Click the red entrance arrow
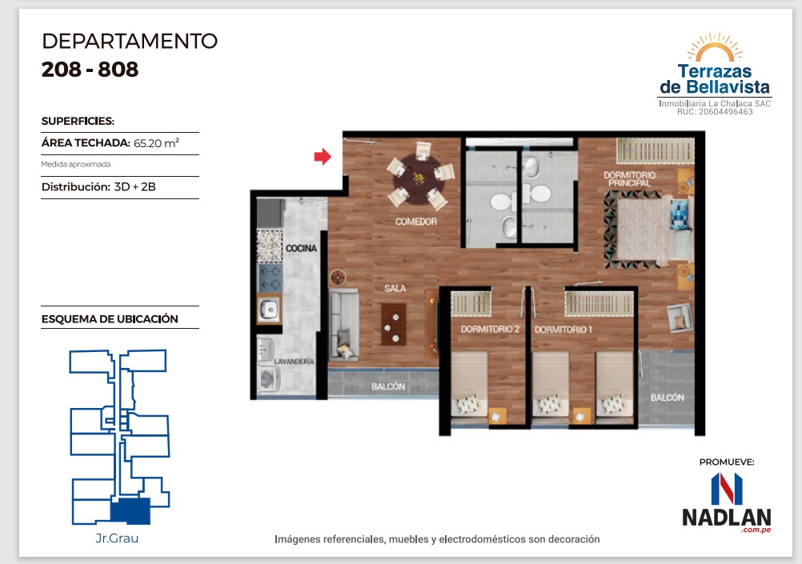(323, 157)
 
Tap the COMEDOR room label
(416, 222)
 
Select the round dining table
(419, 178)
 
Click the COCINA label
(301, 249)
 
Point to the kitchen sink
(268, 309)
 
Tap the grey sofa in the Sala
(343, 325)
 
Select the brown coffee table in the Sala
(393, 324)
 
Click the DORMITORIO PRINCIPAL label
(629, 179)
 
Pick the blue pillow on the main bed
(680, 214)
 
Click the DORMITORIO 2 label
(490, 330)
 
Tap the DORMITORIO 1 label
(563, 330)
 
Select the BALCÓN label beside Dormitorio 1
(667, 398)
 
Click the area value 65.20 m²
(156, 143)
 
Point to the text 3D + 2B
(135, 186)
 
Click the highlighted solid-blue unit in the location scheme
(131, 511)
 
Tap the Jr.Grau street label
(117, 538)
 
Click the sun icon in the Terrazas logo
(715, 47)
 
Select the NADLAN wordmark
(726, 517)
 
